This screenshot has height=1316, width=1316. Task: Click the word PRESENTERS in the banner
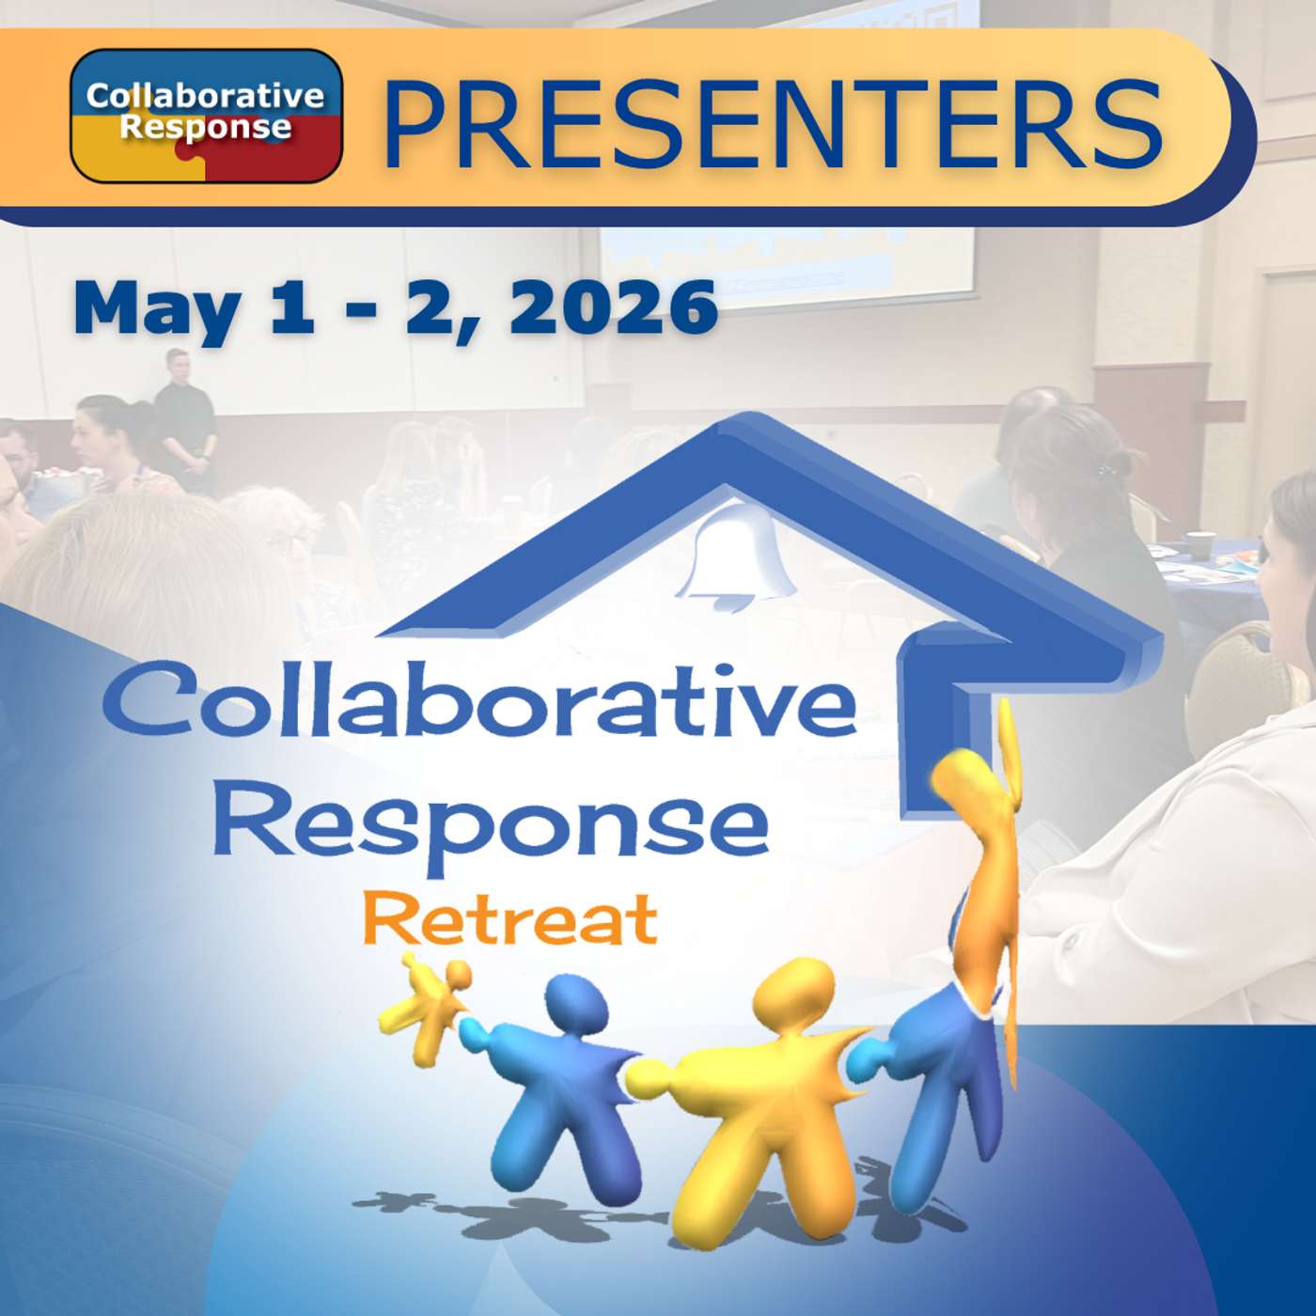click(773, 122)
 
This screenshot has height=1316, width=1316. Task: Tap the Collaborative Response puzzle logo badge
click(206, 115)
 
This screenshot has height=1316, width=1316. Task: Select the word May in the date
click(155, 308)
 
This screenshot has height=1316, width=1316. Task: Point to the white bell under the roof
click(736, 555)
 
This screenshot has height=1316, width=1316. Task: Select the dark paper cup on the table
click(1200, 546)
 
